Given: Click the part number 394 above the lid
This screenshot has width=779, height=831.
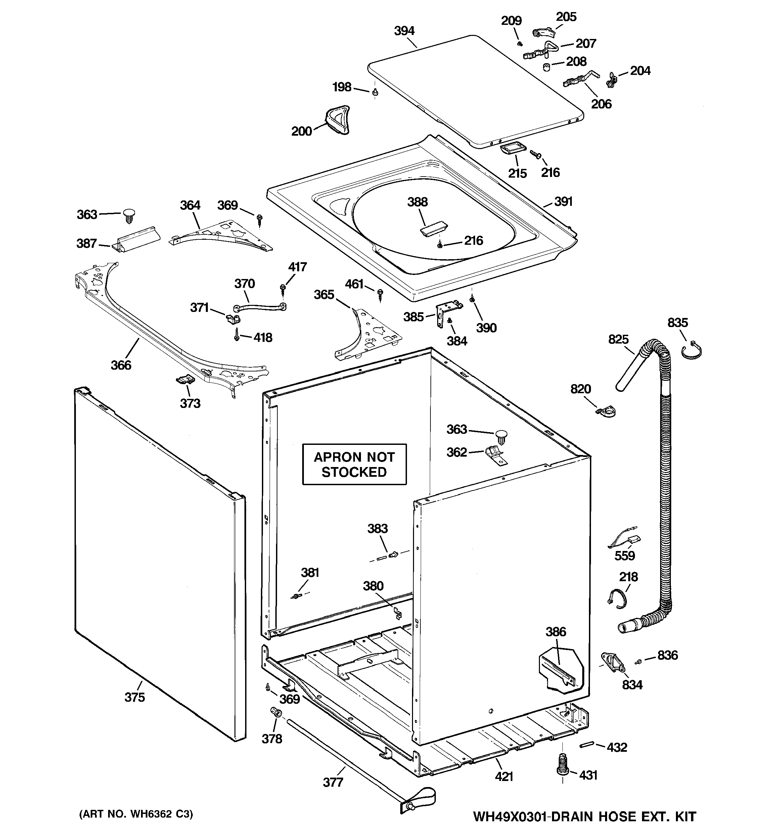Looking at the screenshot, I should pos(404,31).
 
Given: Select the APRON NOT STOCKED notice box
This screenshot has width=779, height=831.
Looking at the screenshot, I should pos(354,464).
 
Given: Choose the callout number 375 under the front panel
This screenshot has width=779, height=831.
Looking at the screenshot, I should pos(135,697).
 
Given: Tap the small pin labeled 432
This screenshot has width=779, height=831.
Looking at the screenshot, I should pos(586,745).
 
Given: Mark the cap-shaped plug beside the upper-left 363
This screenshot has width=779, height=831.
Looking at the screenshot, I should pos(128,217).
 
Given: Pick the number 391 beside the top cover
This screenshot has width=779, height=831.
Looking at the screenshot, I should pos(563,201).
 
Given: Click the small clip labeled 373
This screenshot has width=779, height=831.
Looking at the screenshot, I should pos(184,379).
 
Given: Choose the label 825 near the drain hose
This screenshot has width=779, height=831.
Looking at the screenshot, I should pos(618,339).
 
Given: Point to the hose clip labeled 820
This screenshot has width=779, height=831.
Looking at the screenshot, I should pos(605,413).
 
